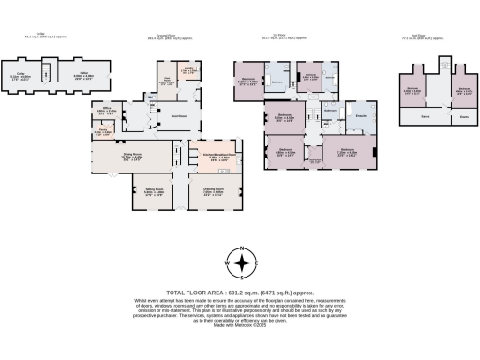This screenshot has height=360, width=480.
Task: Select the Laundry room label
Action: click(187, 71)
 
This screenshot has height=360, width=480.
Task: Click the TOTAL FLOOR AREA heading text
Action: click(240, 293)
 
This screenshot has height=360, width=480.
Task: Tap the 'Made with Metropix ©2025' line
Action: click(240, 324)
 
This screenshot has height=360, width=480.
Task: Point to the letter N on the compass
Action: click(240, 250)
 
